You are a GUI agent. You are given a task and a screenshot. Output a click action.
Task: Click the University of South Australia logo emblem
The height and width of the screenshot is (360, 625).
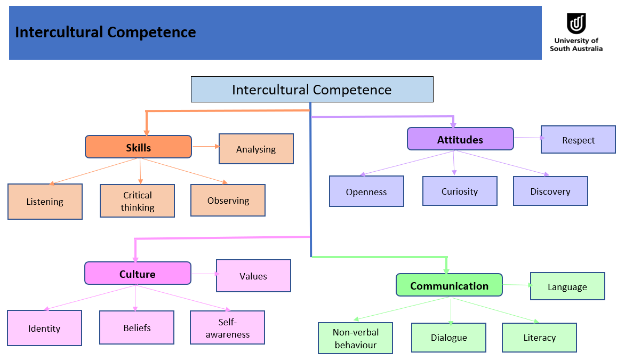(576, 23)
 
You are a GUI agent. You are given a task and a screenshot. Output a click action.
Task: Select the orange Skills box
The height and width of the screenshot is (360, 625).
(138, 147)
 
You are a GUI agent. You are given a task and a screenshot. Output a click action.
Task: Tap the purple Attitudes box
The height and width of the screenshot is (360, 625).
(460, 139)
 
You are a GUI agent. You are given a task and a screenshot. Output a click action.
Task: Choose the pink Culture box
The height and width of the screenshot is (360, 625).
(138, 274)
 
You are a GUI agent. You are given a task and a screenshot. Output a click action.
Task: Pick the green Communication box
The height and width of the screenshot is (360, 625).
(449, 285)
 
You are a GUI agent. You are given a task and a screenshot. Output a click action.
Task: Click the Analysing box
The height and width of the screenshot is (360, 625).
(256, 149)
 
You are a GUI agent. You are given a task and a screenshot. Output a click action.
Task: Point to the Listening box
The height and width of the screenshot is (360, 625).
(45, 202)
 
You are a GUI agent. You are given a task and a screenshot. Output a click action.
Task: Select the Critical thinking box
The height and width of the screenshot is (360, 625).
(137, 201)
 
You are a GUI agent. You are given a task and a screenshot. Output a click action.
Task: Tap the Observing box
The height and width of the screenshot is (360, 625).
(228, 201)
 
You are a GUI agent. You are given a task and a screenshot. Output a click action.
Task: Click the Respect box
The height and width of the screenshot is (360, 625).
(578, 140)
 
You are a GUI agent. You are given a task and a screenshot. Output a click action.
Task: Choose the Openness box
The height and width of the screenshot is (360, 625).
(366, 191)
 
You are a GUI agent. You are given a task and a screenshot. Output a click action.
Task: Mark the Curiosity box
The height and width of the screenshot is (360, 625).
(460, 191)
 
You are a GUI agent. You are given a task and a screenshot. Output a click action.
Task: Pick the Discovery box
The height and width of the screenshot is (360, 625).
(550, 191)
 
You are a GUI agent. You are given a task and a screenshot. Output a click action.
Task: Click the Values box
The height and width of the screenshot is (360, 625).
(253, 276)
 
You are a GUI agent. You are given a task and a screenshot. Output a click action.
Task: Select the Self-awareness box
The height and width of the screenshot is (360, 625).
(227, 328)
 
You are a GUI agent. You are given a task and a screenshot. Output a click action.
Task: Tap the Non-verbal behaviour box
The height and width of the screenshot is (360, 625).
(355, 338)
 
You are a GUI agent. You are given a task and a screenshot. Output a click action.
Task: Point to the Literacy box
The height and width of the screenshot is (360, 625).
(539, 338)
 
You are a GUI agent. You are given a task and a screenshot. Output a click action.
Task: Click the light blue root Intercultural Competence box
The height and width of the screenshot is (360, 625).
(312, 90)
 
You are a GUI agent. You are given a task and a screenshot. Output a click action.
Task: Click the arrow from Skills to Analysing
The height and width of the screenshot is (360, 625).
(205, 146)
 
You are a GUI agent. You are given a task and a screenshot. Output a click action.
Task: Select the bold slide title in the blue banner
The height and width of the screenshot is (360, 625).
(106, 33)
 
